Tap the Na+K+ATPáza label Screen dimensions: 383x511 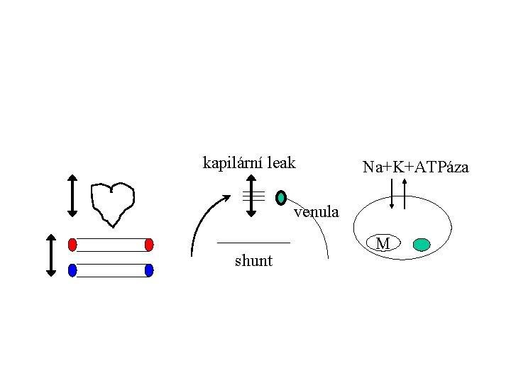point(415,167)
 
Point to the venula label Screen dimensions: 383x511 point(317,211)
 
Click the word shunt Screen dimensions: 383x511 point(253,261)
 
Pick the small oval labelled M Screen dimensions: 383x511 point(383,244)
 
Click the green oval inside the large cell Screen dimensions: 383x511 point(421,245)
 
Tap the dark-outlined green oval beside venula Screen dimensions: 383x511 point(281,197)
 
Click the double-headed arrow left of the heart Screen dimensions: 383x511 point(72,194)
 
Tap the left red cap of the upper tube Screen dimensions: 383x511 point(72,245)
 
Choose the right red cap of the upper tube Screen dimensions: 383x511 point(149,245)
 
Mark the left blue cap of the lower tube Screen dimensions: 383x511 point(72,270)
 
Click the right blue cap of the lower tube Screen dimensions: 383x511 point(149,270)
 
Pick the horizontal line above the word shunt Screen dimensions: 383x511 point(253,243)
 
